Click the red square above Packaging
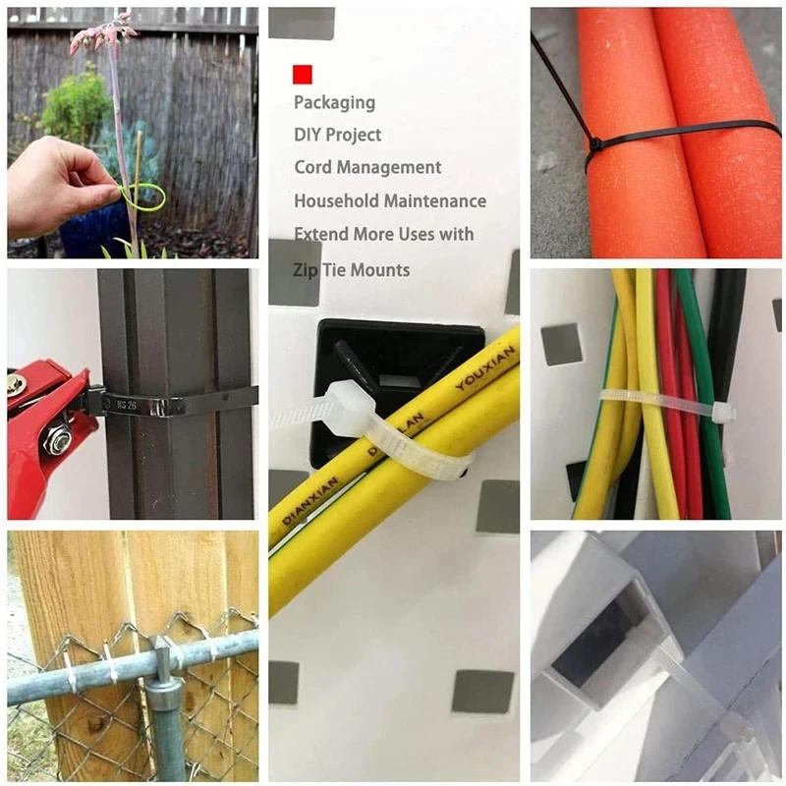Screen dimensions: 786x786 pos(303,74)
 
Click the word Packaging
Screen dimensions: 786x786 pos(334,102)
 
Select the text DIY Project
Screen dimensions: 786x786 pos(337,135)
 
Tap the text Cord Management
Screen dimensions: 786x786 pos(367,167)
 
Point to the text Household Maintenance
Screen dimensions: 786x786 pos(389,200)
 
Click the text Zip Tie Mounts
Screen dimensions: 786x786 pos(352,269)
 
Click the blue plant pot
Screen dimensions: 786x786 pos(93,230)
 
